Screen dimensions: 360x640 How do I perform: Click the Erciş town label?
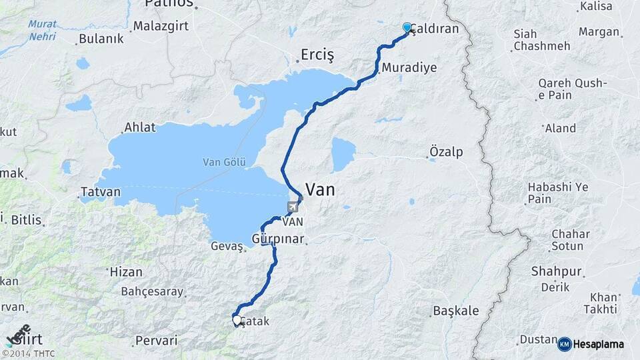pos(317,54)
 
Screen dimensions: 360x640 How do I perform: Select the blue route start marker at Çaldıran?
pos(407,27)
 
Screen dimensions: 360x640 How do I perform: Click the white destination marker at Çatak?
pos(237,320)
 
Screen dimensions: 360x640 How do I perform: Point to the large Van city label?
pos(319,190)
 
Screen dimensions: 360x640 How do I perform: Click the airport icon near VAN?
pos(293,207)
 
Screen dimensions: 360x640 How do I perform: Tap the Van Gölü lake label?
pos(225,162)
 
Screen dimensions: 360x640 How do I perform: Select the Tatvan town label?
pos(101,192)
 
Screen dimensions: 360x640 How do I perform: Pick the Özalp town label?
pos(446,152)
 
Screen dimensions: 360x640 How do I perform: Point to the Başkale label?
pos(455,311)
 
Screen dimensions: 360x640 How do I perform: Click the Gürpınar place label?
pos(278,239)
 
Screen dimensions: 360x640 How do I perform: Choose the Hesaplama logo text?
pos(599,344)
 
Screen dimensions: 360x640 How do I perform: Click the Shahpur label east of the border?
pos(557,271)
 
